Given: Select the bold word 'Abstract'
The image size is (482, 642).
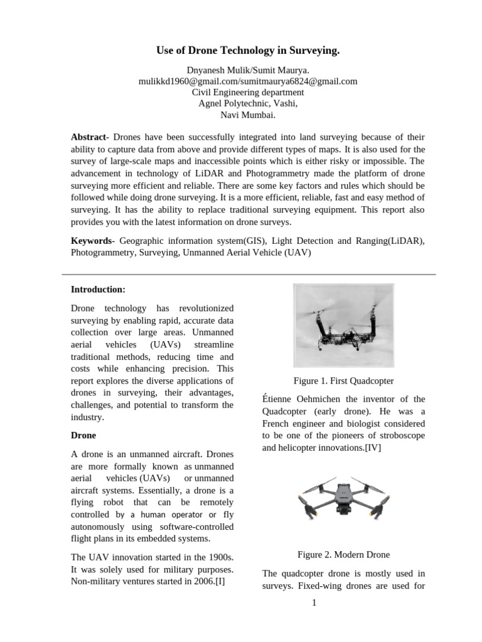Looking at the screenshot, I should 89,137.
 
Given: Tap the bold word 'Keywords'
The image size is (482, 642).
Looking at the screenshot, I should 92,241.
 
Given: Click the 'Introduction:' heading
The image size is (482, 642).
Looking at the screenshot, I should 98,290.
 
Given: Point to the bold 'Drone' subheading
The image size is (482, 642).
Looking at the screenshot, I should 83,435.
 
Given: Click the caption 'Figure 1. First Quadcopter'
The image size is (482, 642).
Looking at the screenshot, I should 343,381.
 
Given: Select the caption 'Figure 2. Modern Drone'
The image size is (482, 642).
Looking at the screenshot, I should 343,554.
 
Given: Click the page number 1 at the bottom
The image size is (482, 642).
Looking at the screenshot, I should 314,603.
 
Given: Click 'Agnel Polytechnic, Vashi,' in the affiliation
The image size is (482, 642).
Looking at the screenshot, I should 247,103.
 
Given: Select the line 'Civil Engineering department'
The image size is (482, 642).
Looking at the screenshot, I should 247,92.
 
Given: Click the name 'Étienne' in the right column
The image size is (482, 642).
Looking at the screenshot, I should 277,399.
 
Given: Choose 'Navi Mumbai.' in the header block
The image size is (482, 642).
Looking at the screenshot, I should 247,115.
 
